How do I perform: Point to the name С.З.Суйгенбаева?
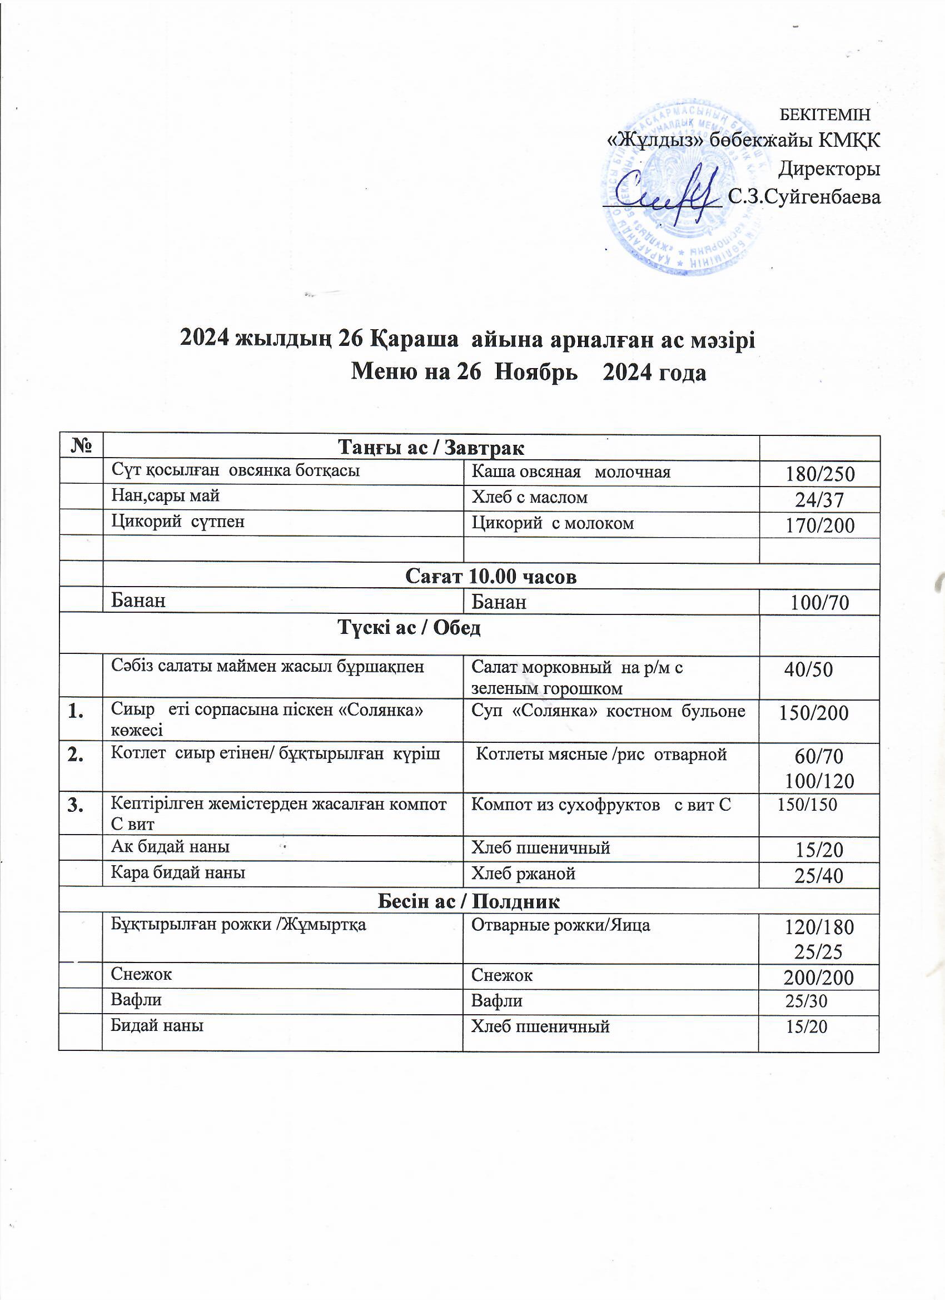[x=803, y=197]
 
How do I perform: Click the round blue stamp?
[x=682, y=186]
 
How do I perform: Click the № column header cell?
[x=81, y=446]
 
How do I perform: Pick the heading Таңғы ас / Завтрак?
[x=431, y=447]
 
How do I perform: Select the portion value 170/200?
[x=820, y=525]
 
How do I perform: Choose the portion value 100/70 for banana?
[x=820, y=602]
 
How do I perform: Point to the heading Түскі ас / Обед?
[x=409, y=628]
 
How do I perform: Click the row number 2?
[x=75, y=755]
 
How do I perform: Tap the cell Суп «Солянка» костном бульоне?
[x=608, y=711]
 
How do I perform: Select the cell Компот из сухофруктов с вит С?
[x=600, y=805]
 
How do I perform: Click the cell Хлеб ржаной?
[x=523, y=874]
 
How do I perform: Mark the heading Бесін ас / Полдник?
[x=468, y=902]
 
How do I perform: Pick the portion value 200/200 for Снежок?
[x=819, y=978]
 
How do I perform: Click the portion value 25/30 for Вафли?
[x=805, y=1001]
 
